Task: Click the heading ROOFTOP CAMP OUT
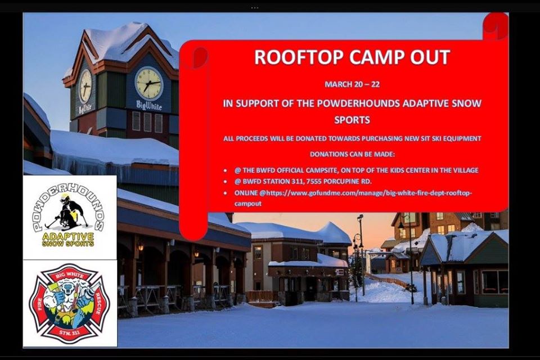tap(352, 57)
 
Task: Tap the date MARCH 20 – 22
tap(352, 84)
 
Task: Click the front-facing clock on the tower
tap(148, 84)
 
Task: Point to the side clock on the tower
tap(85, 86)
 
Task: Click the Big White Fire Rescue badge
tap(70, 304)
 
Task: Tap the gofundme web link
tap(353, 198)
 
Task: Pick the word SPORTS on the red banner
tap(352, 120)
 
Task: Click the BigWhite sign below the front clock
tap(148, 105)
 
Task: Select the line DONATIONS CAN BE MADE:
tap(352, 154)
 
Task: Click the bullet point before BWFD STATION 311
tap(225, 182)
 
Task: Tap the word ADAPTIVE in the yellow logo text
tap(68, 237)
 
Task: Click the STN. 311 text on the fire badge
tap(70, 332)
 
